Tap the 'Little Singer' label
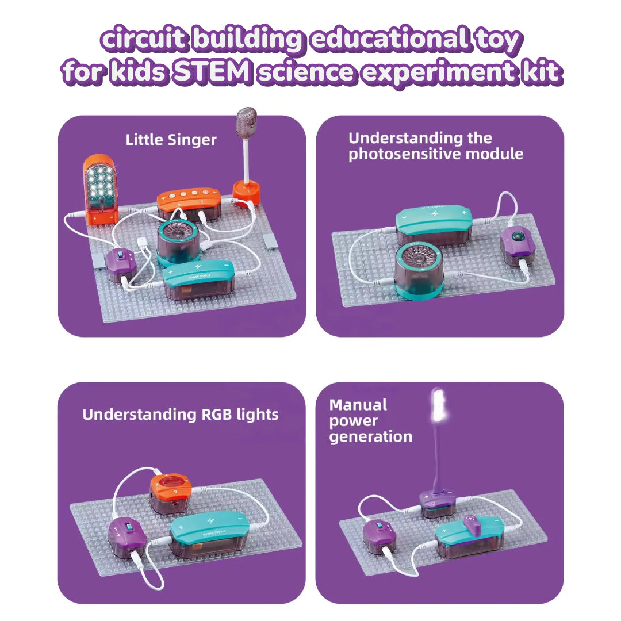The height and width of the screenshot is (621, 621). pyautogui.click(x=171, y=140)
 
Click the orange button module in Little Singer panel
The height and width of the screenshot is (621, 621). pyautogui.click(x=189, y=204)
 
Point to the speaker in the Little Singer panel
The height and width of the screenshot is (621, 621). pyautogui.click(x=177, y=243)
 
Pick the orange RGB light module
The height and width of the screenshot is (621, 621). pyautogui.click(x=170, y=493)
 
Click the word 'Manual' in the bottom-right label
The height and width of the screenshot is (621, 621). pyautogui.click(x=358, y=405)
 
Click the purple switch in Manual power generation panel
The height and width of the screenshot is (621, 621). pyautogui.click(x=379, y=535)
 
